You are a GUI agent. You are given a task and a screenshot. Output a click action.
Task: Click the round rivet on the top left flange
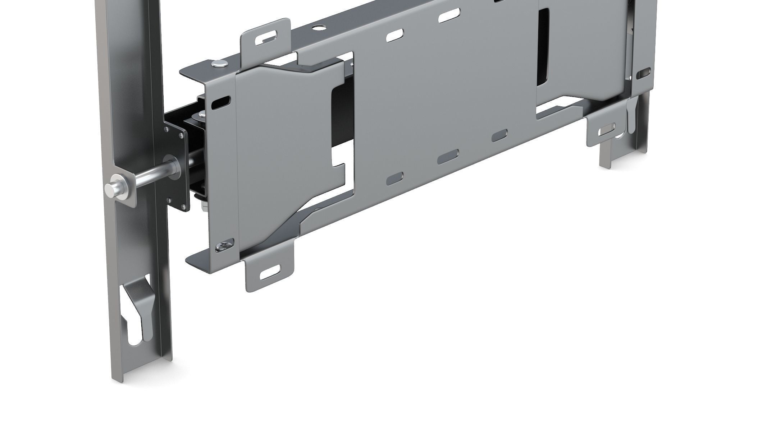point(220,64)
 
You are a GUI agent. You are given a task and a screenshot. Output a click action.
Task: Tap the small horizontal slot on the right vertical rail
point(644,74)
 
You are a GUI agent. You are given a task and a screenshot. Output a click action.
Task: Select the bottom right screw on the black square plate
point(184,206)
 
